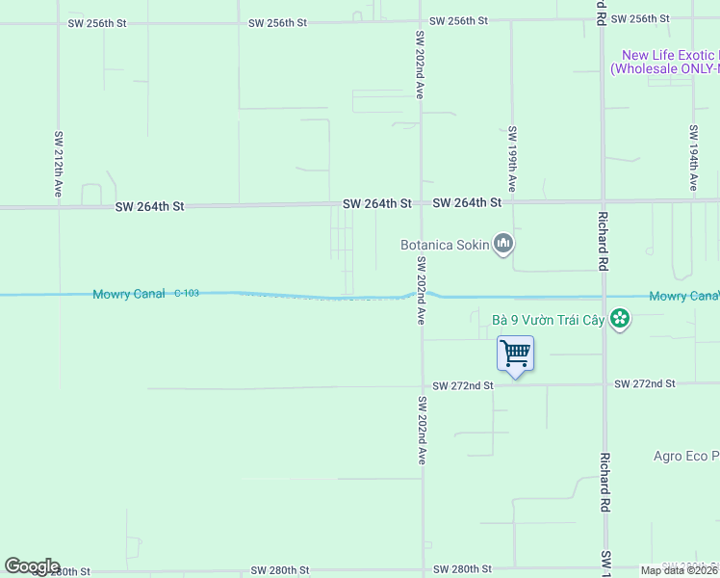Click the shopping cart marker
tap(515, 354)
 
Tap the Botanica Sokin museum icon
tap(502, 245)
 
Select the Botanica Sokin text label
tap(445, 246)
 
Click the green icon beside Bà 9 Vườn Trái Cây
tap(620, 319)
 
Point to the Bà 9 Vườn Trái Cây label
tap(547, 319)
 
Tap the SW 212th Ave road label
tap(59, 165)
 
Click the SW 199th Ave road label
tap(513, 158)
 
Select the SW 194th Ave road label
tap(693, 158)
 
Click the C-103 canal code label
tap(187, 293)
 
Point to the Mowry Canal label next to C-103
tap(129, 294)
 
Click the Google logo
tap(32, 566)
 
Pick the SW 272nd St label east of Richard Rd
tap(645, 384)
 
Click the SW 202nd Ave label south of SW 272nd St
tap(421, 430)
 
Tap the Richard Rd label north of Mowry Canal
tap(604, 240)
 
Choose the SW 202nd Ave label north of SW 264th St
tap(420, 65)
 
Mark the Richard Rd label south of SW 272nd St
tap(605, 482)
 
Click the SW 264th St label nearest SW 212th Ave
tap(149, 206)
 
